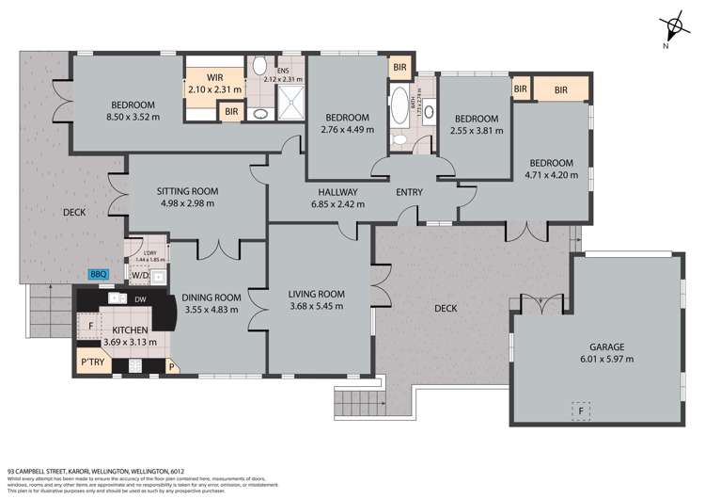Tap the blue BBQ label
tap(99, 274)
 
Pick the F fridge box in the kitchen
tap(91, 325)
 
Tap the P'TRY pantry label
tap(92, 362)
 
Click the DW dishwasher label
tap(139, 300)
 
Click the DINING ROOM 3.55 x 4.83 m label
tap(211, 303)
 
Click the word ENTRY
tap(409, 192)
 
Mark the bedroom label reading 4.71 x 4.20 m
tap(550, 168)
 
